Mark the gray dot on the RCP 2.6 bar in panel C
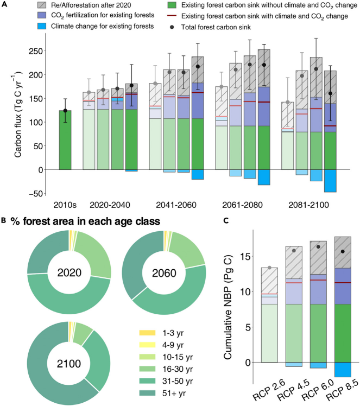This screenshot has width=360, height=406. (270, 268)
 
